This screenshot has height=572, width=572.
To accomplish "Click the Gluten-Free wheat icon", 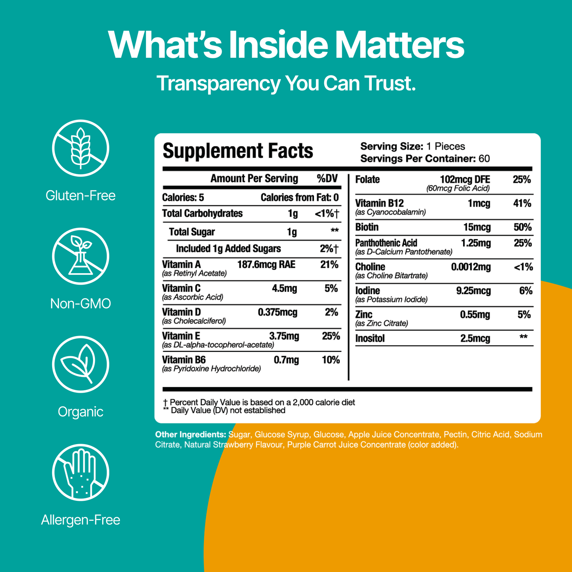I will click(80, 148).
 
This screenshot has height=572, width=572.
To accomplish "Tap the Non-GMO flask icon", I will click(80, 257).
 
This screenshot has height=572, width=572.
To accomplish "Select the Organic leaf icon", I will click(80, 365).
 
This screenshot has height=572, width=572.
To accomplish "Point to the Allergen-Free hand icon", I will click(80, 472).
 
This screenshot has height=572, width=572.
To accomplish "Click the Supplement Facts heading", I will click(238, 151).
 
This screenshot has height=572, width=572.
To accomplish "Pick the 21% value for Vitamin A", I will click(329, 264).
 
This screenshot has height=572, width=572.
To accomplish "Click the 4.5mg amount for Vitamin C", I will click(284, 288).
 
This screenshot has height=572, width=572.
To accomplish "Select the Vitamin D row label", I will click(181, 312).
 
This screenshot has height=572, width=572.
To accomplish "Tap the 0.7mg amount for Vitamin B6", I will click(286, 360).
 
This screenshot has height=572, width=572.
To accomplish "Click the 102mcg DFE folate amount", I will click(465, 180).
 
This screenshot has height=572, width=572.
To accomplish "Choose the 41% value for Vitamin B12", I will click(522, 203).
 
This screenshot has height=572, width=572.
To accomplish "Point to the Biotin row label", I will click(367, 227).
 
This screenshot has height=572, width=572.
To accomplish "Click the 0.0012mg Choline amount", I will click(471, 267).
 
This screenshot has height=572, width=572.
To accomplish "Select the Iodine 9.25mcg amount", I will click(473, 291).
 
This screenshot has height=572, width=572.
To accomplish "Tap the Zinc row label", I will click(364, 315).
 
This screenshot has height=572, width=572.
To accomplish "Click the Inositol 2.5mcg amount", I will click(475, 338).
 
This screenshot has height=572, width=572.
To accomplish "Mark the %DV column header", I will click(327, 179).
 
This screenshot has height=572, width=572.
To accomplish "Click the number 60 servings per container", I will click(484, 159).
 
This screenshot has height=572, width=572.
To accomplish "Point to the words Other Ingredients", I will click(190, 435).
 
